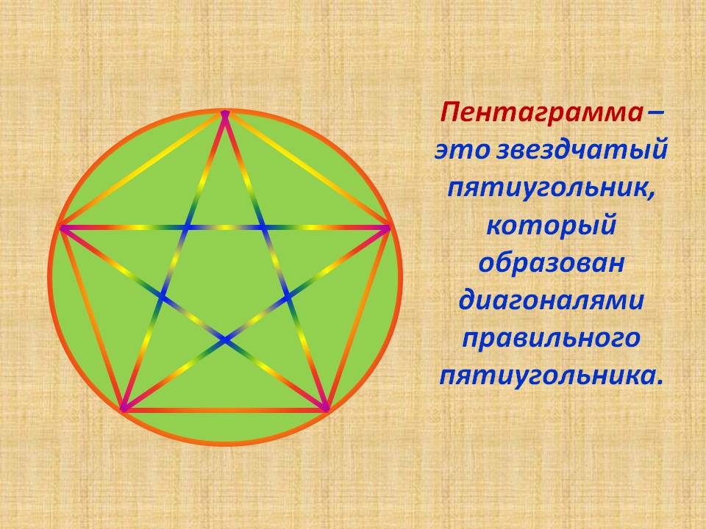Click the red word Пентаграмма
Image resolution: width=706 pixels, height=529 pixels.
[x=542, y=112]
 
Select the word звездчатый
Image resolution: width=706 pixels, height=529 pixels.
[x=581, y=150]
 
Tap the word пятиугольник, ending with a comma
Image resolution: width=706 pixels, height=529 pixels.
[x=551, y=188]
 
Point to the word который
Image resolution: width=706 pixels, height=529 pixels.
[x=551, y=225]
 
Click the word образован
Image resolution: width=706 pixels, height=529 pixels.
[x=551, y=262]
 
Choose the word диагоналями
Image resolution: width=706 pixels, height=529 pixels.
[x=551, y=300]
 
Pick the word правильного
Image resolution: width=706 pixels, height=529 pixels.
[x=551, y=338]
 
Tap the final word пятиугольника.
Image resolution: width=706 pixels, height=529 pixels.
[x=551, y=374]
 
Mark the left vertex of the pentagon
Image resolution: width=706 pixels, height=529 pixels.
[x=63, y=228]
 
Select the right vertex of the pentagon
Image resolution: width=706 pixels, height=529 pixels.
[x=388, y=228]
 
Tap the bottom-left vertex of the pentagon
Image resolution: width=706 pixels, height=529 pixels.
[x=123, y=409]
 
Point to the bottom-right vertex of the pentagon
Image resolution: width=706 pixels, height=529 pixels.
[x=326, y=409]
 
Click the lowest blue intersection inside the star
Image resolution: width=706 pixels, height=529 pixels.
[x=225, y=339]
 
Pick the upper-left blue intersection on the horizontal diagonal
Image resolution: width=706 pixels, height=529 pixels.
[x=187, y=228]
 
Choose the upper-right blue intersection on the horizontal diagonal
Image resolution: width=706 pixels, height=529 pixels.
[x=263, y=228]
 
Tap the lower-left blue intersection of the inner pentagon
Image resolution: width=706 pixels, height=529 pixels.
[x=163, y=297]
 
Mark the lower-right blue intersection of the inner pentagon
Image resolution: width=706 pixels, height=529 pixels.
[x=288, y=297]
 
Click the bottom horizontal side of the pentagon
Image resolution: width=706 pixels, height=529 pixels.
[x=225, y=410]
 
